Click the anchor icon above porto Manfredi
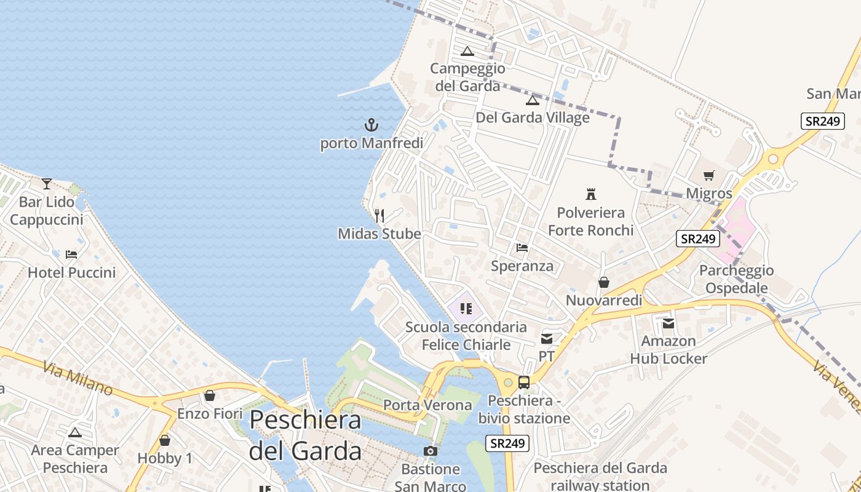(x=371, y=125)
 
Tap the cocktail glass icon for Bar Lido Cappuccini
(x=47, y=183)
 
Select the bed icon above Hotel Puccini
(x=71, y=254)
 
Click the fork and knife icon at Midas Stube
(x=379, y=215)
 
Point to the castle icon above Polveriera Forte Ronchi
(x=591, y=194)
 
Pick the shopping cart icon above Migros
(x=709, y=176)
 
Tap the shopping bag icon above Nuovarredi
(x=604, y=282)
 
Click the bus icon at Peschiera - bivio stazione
(x=524, y=383)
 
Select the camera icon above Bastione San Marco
(x=430, y=451)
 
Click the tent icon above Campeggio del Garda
(x=467, y=51)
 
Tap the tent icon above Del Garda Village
(x=533, y=100)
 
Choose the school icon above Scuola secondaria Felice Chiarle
(x=466, y=309)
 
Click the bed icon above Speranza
(x=522, y=248)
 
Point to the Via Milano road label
(x=78, y=378)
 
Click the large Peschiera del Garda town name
(x=306, y=435)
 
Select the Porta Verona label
(x=427, y=405)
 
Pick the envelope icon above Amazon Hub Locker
(x=669, y=323)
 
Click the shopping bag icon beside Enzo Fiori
(x=210, y=395)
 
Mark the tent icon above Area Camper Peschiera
(x=75, y=432)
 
